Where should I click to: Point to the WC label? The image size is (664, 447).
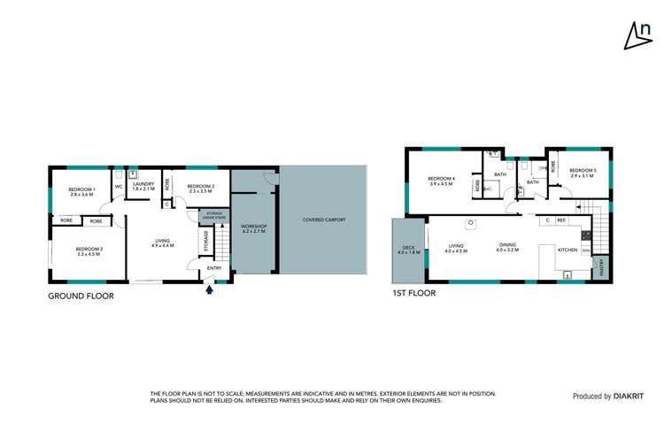(x=119, y=187)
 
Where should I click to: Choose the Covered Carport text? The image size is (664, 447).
(x=324, y=220)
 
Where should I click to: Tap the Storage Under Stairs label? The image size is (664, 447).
(x=214, y=215)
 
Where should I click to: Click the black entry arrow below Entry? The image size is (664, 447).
(x=210, y=286)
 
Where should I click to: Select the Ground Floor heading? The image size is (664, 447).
(x=81, y=297)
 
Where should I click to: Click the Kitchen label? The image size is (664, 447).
(x=567, y=250)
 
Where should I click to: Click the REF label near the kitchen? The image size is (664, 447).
(x=561, y=220)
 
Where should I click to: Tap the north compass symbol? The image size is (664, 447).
(x=634, y=35)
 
